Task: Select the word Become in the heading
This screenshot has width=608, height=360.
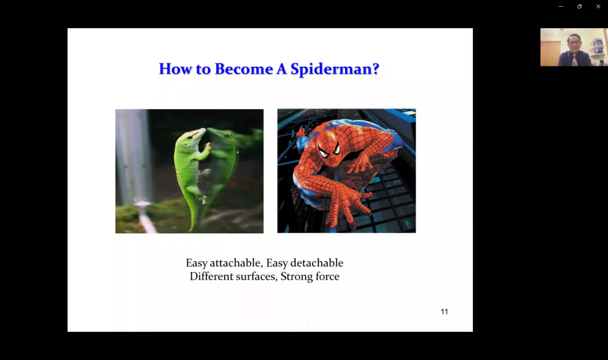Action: (x=244, y=69)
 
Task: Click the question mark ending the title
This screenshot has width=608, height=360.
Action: (x=375, y=69)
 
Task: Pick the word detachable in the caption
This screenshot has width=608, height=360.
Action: (x=317, y=263)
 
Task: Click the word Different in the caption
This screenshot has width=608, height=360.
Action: (x=210, y=276)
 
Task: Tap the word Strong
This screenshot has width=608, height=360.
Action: (x=297, y=277)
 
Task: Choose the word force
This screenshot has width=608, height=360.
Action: (x=328, y=276)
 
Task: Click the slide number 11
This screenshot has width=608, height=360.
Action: (x=444, y=312)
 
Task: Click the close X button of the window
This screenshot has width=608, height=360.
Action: (x=598, y=6)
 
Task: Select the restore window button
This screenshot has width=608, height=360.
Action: (x=579, y=6)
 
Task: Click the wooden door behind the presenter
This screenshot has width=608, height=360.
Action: (x=551, y=53)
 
